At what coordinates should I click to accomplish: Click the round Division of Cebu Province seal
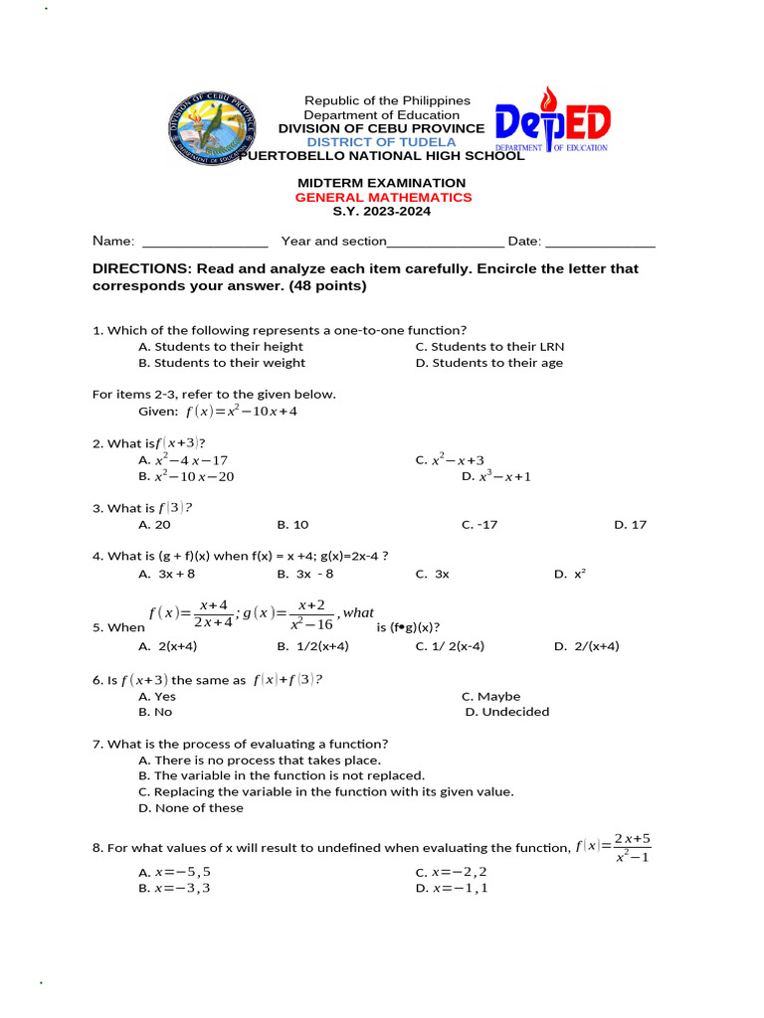click(211, 127)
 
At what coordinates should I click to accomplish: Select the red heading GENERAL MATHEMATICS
click(383, 197)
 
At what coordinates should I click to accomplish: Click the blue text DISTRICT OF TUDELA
click(381, 142)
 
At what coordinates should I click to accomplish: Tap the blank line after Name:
click(205, 242)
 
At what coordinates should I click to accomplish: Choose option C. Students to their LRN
click(488, 347)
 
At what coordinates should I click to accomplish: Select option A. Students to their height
click(221, 347)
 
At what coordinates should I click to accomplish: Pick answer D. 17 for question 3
click(630, 525)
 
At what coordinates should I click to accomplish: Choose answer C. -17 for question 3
click(479, 525)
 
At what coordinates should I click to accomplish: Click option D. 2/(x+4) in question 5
click(586, 646)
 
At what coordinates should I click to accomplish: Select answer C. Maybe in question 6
click(490, 697)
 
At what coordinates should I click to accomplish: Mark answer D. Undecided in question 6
click(506, 712)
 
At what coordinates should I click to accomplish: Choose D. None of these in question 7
click(191, 808)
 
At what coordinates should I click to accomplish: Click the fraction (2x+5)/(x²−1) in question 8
click(632, 848)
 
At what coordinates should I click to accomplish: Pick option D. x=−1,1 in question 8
click(452, 888)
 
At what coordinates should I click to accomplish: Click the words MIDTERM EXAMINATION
click(382, 183)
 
